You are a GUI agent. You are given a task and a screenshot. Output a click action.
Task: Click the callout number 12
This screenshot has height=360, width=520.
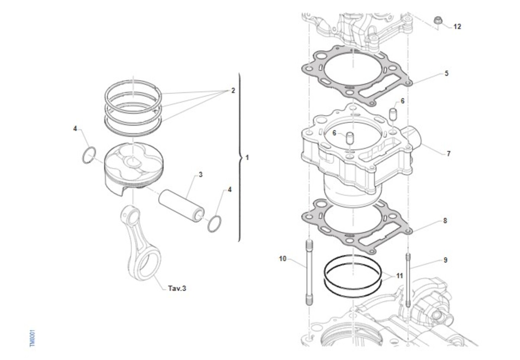pos(457,27)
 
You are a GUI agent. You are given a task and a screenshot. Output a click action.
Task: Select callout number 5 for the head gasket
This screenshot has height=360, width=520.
pos(446,74)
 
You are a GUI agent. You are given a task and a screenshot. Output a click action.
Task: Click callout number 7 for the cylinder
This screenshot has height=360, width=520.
pos(448,154)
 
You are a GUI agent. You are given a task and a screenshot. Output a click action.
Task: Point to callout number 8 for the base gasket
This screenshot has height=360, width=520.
pos(445,221)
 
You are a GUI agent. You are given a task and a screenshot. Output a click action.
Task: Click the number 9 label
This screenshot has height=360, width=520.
pos(445,260)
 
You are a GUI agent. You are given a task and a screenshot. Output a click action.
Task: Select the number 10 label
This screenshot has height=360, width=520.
pos(283,259)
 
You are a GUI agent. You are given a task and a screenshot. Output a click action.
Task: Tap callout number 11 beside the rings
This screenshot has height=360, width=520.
pos(400,276)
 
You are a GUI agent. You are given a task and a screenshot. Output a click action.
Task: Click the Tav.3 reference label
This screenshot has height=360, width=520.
pos(177,288)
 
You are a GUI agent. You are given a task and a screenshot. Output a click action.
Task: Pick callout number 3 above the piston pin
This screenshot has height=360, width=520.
pos(201,175)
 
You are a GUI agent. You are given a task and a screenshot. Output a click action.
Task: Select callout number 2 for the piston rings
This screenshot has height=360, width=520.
pos(233,91)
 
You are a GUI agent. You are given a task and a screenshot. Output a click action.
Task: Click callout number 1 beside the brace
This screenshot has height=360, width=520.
pos(247,158)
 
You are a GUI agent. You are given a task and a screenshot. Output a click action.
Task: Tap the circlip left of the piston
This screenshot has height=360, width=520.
pos(89,156)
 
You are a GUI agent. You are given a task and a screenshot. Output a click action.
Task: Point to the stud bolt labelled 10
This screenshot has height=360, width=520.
pos(309,272)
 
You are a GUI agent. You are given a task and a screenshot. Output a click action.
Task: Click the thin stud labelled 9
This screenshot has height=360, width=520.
pos(408,279)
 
